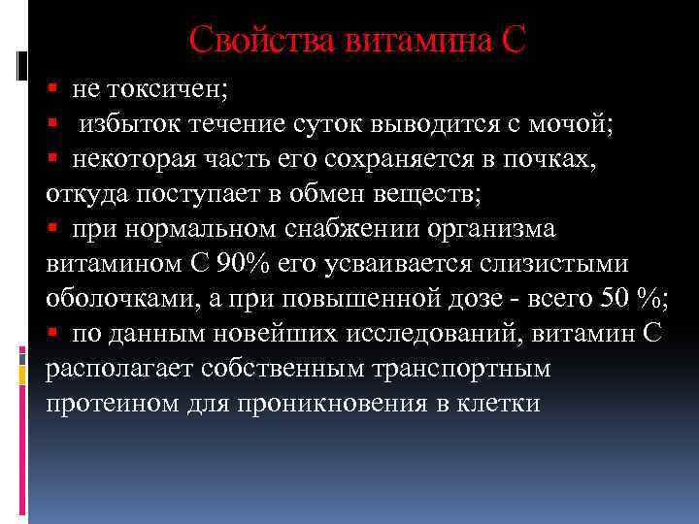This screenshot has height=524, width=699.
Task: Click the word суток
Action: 335,124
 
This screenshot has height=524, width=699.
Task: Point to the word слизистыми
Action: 548,264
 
